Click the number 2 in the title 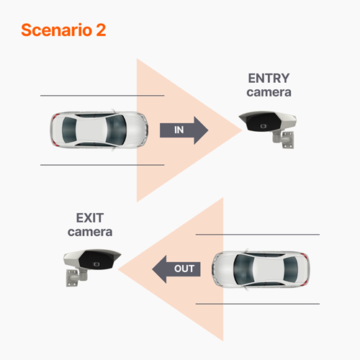click(101, 30)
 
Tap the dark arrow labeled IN click(183, 130)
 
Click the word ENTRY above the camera click(269, 78)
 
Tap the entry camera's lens click(264, 126)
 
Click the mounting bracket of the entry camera click(284, 138)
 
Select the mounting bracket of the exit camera click(74, 276)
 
